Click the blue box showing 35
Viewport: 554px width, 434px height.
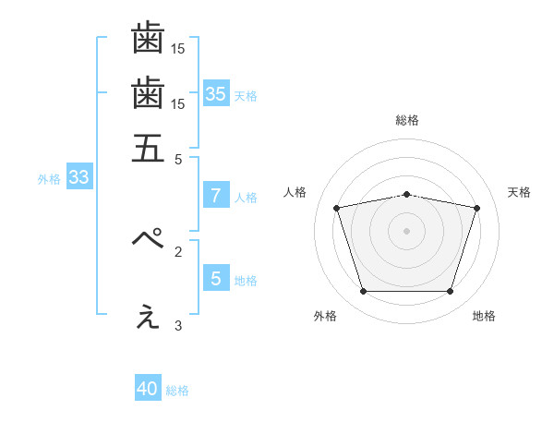[216, 93]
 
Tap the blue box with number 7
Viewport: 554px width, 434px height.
[216, 196]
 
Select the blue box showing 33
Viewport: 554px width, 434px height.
[78, 178]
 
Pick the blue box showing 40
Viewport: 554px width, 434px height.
[148, 389]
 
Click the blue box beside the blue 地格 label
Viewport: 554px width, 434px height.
[216, 278]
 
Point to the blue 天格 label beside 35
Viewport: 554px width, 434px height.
[246, 96]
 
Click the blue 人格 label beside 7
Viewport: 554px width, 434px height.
[246, 198]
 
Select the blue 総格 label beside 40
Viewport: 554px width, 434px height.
[177, 391]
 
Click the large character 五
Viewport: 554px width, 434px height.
[148, 148]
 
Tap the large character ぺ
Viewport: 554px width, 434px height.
[148, 239]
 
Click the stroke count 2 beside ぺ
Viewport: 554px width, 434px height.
[178, 250]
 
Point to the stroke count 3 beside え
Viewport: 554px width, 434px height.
[178, 325]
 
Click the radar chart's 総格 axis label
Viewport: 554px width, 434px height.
[407, 121]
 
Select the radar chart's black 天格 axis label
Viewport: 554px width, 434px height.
[519, 192]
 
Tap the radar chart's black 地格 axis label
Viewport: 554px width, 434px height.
[484, 316]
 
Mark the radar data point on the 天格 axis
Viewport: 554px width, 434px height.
[476, 209]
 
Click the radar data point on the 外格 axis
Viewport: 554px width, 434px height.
[363, 292]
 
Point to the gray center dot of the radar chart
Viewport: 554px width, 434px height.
[407, 231]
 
